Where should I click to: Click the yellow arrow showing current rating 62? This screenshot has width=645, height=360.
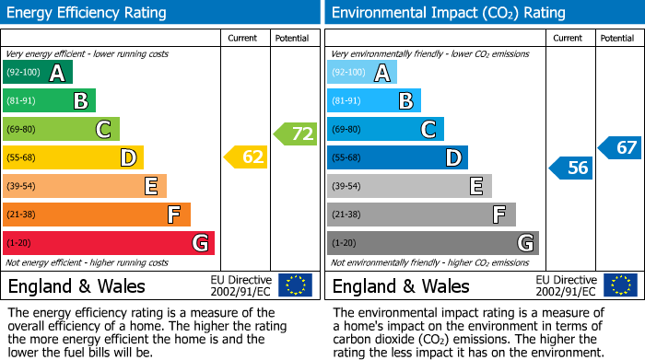(x=246, y=157)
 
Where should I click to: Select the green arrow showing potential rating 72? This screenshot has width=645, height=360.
(x=295, y=134)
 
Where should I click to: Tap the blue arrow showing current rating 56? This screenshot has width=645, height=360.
(x=570, y=168)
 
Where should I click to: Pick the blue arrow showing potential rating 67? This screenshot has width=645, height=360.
(x=620, y=147)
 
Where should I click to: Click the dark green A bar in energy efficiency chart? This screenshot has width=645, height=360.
(x=37, y=73)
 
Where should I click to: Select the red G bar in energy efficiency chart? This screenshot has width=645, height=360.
(x=108, y=243)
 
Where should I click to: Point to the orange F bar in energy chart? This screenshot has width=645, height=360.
(x=96, y=215)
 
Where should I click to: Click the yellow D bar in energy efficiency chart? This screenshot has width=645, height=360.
(x=73, y=157)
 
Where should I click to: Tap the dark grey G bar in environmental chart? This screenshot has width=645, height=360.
(x=432, y=243)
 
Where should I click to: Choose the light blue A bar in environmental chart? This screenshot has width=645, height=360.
(x=361, y=73)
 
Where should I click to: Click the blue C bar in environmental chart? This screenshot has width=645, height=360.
(x=385, y=129)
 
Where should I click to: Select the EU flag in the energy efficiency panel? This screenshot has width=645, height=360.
(x=295, y=285)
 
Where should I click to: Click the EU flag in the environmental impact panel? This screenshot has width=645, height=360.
(x=620, y=285)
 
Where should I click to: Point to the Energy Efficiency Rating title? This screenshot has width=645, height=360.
(x=88, y=13)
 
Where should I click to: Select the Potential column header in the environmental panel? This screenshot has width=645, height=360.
(x=617, y=38)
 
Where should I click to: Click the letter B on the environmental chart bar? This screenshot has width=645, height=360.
(x=405, y=101)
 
